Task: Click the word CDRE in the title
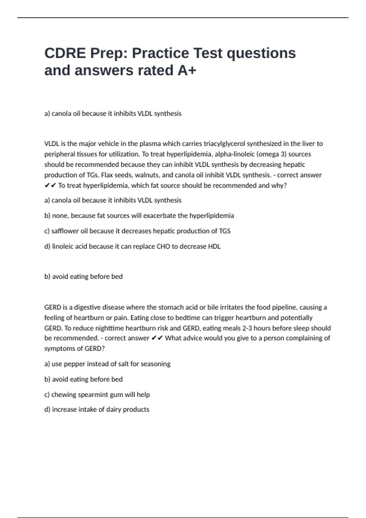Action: point(65,53)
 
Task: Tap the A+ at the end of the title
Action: point(187,71)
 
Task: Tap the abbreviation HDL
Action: point(214,247)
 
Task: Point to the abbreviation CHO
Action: point(163,247)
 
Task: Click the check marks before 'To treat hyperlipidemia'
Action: point(50,186)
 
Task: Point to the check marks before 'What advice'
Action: point(157,338)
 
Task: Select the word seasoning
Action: point(156,364)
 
